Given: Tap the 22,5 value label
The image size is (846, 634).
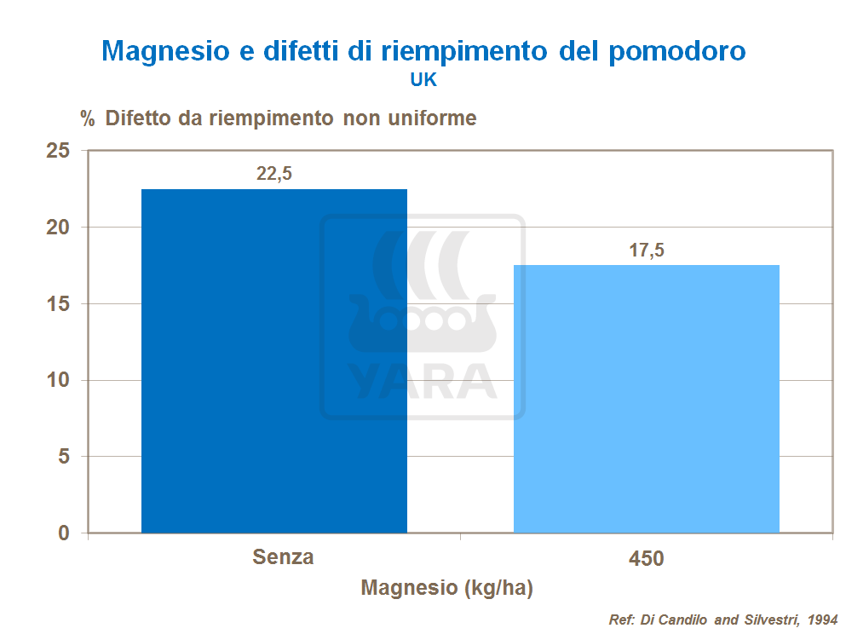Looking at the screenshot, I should click(274, 173).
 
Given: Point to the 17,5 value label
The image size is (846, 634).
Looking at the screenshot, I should click(646, 250).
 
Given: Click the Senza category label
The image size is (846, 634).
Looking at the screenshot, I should click(283, 557).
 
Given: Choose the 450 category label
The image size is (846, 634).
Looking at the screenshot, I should click(646, 559).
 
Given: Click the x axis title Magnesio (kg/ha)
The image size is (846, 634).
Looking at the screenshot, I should click(446, 588).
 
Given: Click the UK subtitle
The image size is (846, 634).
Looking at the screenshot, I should click(423, 80).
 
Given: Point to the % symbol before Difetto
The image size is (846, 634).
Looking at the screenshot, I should click(87, 118).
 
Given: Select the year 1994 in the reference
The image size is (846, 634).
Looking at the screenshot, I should click(820, 620).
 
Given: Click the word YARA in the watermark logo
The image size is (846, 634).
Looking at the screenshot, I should click(423, 381).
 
